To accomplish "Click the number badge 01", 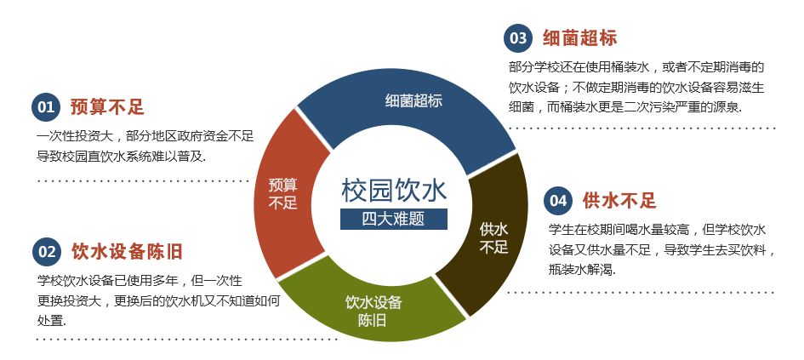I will (45, 107).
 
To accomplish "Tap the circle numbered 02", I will (45, 251).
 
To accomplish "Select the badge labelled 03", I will (516, 37).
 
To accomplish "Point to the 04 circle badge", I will (556, 201).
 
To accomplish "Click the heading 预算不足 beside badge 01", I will (107, 107).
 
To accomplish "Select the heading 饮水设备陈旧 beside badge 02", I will (127, 251).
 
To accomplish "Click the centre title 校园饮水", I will (394, 189).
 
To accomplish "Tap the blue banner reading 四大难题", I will (394, 218).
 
